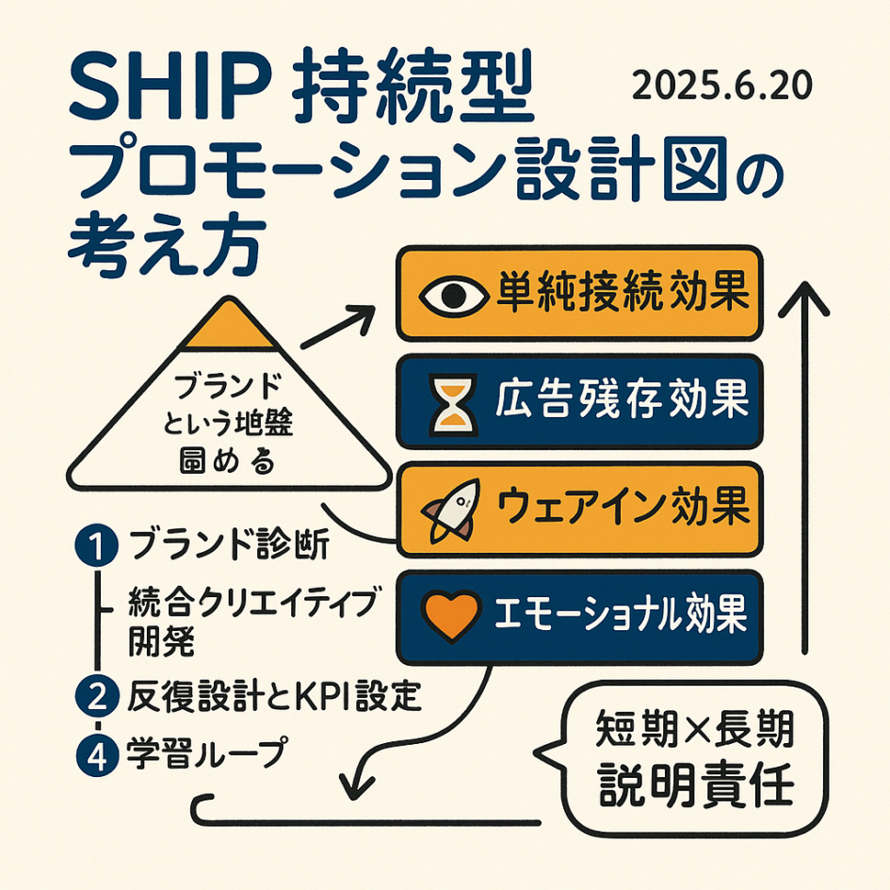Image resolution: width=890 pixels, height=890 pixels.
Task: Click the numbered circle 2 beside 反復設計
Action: (x=93, y=698)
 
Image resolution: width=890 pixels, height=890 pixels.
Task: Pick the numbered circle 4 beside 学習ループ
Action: (x=93, y=752)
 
